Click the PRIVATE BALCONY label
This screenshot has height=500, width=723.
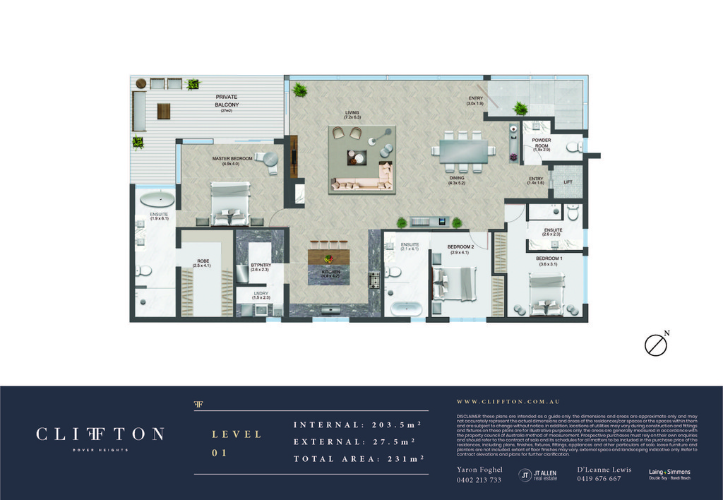tap(227, 101)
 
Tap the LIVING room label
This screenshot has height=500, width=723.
tap(352, 112)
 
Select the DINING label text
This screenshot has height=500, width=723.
tap(457, 179)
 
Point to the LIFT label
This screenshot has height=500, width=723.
tap(568, 182)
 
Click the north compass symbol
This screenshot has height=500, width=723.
tap(656, 344)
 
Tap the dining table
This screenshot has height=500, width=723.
tap(463, 150)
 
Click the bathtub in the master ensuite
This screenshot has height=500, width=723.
tap(156, 199)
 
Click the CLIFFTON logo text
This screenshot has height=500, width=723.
tap(100, 434)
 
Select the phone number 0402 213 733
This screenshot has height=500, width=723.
tap(479, 480)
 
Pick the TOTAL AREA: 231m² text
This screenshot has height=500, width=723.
tap(358, 459)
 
